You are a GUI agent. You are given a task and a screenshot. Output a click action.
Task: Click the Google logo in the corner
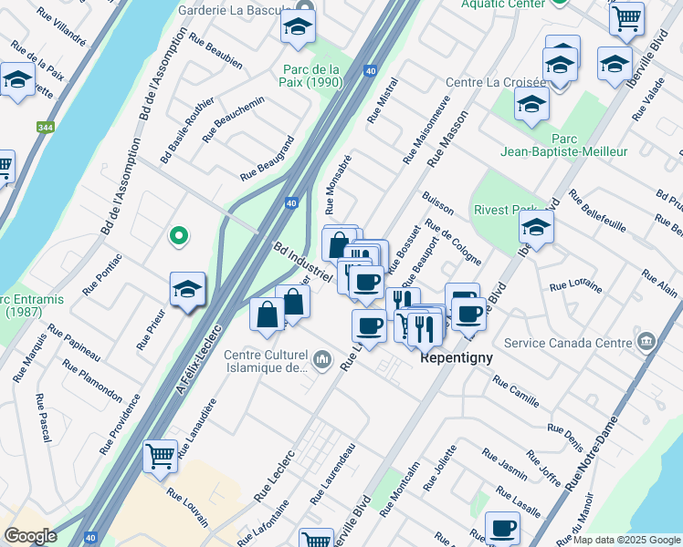click(x=30, y=536)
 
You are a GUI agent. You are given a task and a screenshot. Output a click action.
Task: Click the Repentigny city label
click(x=457, y=358)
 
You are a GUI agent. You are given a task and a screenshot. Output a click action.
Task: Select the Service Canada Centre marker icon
click(x=646, y=342)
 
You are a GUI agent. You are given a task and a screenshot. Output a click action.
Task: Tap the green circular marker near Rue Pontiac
click(x=179, y=236)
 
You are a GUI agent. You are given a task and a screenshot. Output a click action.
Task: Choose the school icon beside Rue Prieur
click(x=187, y=290)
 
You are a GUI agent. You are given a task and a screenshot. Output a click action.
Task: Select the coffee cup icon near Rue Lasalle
click(x=501, y=527)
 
